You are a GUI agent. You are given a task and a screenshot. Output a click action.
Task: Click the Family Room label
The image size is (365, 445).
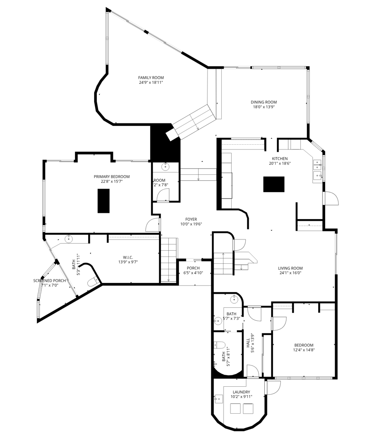151,77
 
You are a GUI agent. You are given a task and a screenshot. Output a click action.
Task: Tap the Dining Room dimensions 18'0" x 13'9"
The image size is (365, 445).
263,106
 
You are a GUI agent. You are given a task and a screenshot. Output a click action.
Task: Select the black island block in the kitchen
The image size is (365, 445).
274,184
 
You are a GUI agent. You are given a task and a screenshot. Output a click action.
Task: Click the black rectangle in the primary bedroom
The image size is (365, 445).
104,201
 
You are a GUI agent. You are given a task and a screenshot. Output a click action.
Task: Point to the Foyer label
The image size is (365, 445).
191,219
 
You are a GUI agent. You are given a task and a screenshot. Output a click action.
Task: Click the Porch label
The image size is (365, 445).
193,268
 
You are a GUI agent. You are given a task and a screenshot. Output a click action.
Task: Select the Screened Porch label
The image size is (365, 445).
49,281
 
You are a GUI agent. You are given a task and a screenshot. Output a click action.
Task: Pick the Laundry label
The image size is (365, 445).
241,392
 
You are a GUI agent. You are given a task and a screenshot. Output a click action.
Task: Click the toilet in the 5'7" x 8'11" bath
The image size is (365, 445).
219,346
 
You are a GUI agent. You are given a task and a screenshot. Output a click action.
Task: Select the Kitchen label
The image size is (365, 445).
280,159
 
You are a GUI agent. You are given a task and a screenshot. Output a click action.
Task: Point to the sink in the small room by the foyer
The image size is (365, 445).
165,167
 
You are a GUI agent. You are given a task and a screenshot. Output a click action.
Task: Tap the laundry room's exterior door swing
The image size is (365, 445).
273,386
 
